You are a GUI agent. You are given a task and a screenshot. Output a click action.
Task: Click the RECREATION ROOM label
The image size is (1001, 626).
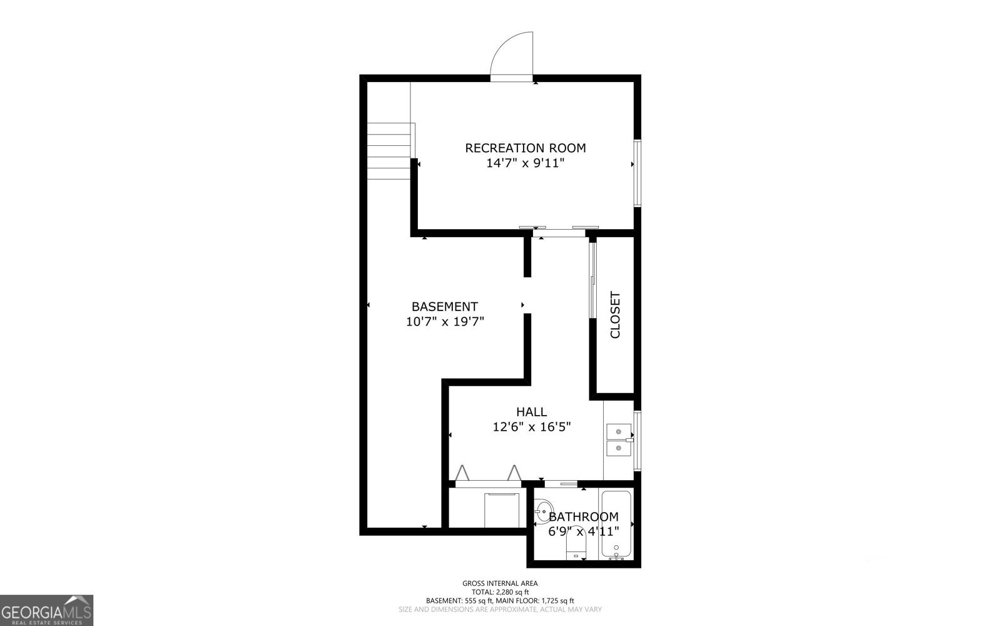point(526,148)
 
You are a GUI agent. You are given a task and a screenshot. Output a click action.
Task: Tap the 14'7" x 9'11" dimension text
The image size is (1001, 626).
point(526,163)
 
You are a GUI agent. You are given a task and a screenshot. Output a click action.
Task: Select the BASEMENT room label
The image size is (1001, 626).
point(444,307)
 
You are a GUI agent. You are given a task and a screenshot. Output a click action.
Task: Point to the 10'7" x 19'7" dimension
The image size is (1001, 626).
point(445,322)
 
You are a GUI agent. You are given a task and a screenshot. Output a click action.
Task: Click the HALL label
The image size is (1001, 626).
point(531,412)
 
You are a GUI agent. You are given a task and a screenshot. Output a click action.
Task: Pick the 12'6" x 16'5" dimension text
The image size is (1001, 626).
point(531,427)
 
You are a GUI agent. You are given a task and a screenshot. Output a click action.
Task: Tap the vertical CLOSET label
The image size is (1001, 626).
point(615,315)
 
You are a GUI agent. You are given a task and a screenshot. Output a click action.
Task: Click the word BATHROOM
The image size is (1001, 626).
point(584,517)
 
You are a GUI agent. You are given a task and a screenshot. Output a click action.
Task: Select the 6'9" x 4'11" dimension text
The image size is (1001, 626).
point(584,531)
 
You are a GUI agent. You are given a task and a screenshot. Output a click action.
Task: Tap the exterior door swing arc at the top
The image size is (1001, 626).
point(512,55)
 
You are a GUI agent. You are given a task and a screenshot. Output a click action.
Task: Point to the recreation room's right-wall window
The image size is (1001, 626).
point(637,173)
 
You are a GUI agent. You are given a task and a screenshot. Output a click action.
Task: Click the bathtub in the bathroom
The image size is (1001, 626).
point(617,525)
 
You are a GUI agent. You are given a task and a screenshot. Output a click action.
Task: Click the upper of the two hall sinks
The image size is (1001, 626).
point(618,432)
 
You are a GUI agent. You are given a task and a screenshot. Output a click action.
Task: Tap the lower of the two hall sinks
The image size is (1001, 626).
point(618,448)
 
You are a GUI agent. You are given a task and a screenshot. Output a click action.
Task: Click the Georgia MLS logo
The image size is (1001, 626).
point(47,610)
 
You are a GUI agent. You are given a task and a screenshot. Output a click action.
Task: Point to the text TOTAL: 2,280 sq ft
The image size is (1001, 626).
point(500,592)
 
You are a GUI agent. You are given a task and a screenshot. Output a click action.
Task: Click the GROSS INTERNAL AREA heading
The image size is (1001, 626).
point(500,583)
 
